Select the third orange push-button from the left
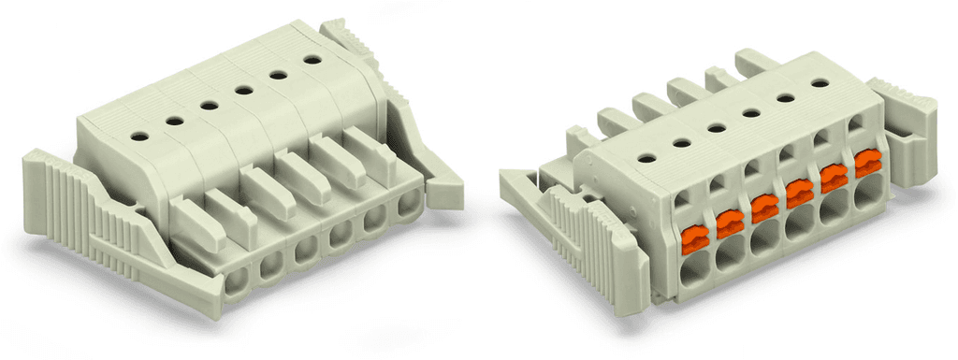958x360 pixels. pyautogui.click(x=763, y=208)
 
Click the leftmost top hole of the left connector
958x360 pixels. pyautogui.click(x=138, y=137)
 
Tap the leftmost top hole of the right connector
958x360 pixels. pyautogui.click(x=646, y=160)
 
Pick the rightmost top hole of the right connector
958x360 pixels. pyautogui.click(x=820, y=83)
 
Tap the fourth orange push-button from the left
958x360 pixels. pyautogui.click(x=798, y=193)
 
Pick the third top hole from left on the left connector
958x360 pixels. pyautogui.click(x=208, y=105)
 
